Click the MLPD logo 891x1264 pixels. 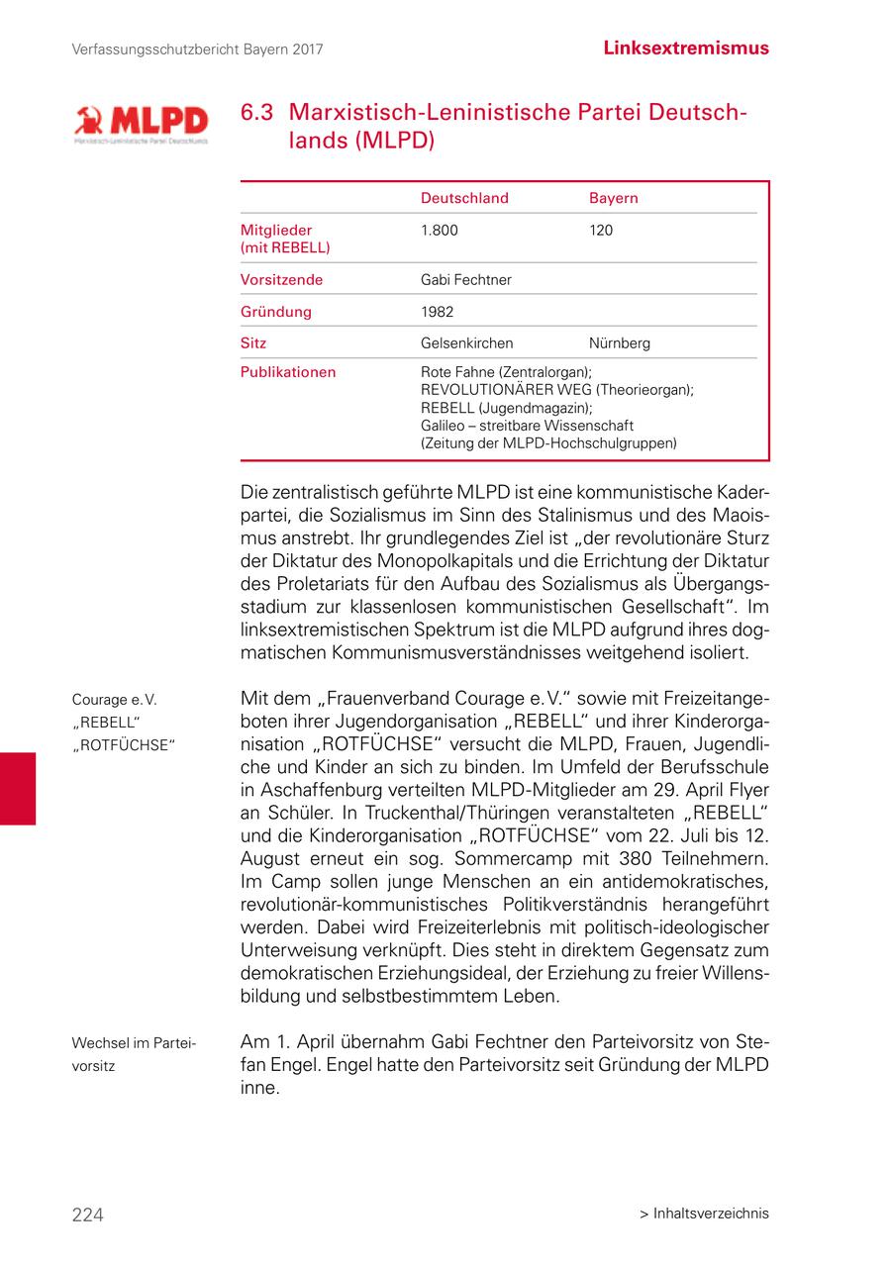tap(141, 124)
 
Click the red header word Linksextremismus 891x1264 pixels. tap(685, 48)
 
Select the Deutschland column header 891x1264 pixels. tap(464, 198)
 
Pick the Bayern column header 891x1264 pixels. tap(613, 198)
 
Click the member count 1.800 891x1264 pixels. tap(440, 231)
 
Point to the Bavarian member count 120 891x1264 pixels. tap(600, 231)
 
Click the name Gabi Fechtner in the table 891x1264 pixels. tap(465, 280)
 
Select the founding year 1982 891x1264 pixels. tap(437, 312)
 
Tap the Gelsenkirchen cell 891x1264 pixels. tap(466, 343)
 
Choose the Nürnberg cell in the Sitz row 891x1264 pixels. tap(619, 343)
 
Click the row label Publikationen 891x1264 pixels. tap(288, 372)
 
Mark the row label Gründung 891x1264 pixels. tap(275, 312)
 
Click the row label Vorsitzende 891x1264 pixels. tap(281, 280)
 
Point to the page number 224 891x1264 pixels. tap(87, 1215)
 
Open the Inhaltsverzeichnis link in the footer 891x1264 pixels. tap(704, 1214)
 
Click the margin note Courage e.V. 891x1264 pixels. tap(114, 700)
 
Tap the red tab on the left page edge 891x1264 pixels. tap(18, 788)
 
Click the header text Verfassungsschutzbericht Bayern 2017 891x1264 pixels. tap(198, 49)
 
